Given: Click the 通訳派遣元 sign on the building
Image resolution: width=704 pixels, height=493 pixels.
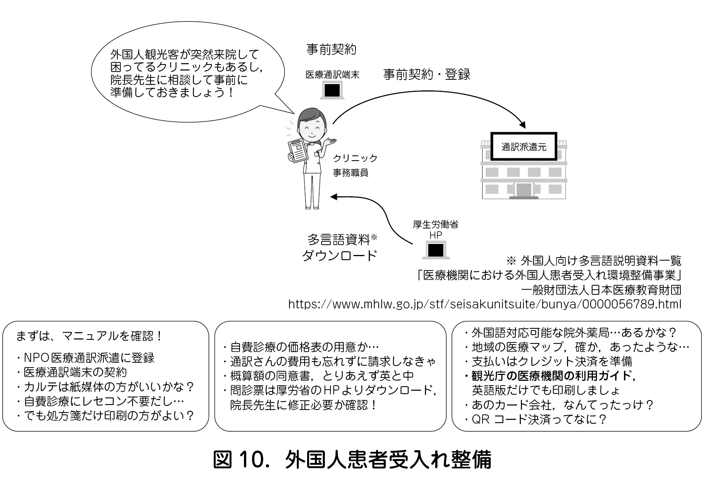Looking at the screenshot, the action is pyautogui.click(x=523, y=146).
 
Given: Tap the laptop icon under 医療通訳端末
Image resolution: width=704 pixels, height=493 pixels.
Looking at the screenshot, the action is pyautogui.click(x=332, y=90).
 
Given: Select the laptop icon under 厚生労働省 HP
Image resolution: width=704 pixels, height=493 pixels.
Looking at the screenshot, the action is pyautogui.click(x=436, y=250).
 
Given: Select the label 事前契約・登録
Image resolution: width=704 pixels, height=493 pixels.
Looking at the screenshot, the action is pyautogui.click(x=427, y=75).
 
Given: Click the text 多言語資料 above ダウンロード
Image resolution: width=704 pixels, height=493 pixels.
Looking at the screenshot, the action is pyautogui.click(x=339, y=240).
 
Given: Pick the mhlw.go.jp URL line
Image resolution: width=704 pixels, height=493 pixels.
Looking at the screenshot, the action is pyautogui.click(x=485, y=304).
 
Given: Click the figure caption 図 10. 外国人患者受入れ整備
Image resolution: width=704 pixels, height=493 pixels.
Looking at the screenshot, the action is pyautogui.click(x=352, y=460).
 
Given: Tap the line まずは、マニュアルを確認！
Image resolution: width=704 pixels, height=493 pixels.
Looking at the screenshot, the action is pyautogui.click(x=89, y=336).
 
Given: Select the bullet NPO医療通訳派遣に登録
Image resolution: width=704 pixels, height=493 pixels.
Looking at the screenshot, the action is pyautogui.click(x=86, y=358).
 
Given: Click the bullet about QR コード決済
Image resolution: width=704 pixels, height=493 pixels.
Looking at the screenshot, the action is pyautogui.click(x=536, y=420).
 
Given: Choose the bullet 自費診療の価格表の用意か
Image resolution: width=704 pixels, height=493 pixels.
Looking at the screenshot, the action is pyautogui.click(x=301, y=347).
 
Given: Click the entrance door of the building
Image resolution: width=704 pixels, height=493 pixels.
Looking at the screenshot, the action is pyautogui.click(x=523, y=190).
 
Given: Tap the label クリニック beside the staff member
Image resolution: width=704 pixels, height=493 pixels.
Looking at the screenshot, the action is pyautogui.click(x=355, y=158).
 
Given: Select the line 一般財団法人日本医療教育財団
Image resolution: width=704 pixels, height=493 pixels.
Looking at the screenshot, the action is pyautogui.click(x=601, y=290).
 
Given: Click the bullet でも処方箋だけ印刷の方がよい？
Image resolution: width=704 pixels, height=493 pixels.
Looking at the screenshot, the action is pyautogui.click(x=106, y=416).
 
